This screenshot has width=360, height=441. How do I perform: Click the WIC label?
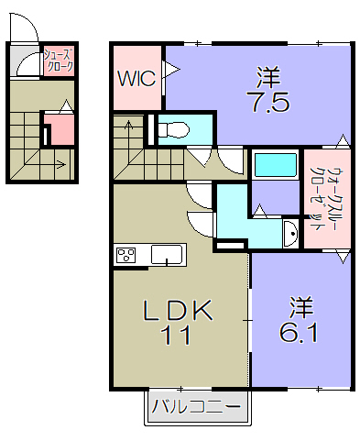pos(137,78)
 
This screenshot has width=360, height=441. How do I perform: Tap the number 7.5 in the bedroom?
pos(268,103)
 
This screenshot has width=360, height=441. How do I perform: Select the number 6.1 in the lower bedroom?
pos(299,333)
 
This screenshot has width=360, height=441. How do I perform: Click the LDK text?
pos(178,310)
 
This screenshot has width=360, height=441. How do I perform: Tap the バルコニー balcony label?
pos(196,406)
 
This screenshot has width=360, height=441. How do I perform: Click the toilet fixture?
pos(173,129)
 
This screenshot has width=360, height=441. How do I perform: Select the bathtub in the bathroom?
pos(276,165)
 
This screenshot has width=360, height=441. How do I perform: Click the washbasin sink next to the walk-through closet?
pos(291,234)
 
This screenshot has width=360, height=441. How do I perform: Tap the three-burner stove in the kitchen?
pos(126,255)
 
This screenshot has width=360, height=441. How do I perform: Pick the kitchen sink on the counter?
pos(167,255)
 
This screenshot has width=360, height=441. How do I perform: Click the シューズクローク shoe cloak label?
pos(59,61)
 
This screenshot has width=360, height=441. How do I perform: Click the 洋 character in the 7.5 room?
pos(268,78)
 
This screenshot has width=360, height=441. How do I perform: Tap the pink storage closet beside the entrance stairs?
pos(60,129)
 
